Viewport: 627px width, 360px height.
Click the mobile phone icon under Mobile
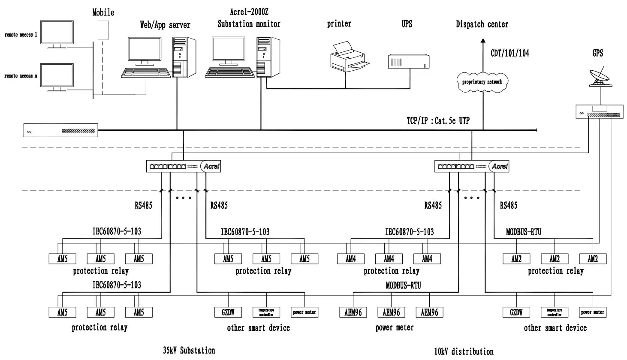click(103, 29)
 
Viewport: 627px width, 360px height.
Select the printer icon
click(349, 57)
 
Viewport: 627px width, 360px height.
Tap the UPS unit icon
click(408, 61)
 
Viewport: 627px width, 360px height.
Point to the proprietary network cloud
click(482, 81)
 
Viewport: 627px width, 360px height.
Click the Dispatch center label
click(482, 24)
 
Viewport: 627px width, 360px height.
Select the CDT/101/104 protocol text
click(509, 53)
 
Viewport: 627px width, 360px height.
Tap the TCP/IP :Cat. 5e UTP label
click(438, 121)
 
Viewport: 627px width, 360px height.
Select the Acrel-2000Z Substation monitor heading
click(249, 18)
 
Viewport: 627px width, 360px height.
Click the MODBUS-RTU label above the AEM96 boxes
click(403, 285)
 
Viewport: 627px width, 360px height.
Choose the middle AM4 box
click(389, 259)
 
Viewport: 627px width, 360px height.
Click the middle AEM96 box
click(391, 312)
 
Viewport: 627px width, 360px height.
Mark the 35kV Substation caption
click(189, 350)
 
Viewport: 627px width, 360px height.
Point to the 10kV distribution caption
click(464, 351)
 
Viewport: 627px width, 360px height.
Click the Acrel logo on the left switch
click(211, 166)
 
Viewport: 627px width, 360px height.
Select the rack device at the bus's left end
click(60, 130)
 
